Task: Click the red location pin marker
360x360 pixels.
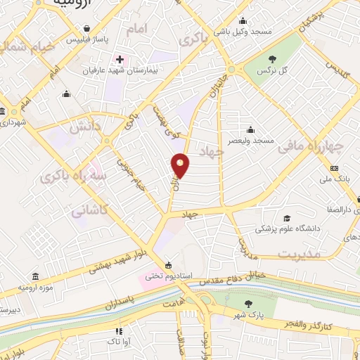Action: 181,165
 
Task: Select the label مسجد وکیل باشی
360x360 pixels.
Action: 253,32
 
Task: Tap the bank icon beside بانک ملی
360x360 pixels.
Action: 334,168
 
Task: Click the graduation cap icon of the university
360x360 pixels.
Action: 286,218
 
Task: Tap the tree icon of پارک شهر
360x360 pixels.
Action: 247,304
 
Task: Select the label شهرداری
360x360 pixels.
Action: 13,123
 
